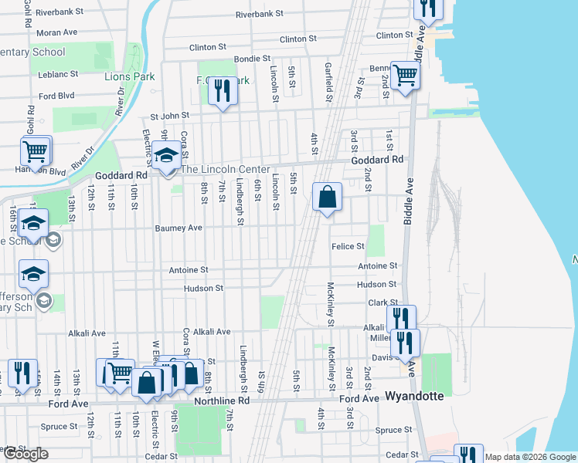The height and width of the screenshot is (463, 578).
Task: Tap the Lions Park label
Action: tap(130, 76)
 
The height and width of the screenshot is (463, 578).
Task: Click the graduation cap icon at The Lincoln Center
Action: tap(166, 157)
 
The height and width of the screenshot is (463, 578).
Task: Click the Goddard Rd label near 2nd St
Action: tap(377, 160)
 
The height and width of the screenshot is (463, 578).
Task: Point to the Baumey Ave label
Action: tap(178, 228)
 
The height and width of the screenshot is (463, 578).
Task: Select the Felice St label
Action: tap(348, 246)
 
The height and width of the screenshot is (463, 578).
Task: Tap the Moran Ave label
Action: tap(56, 32)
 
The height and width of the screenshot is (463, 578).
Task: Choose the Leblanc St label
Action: tap(58, 74)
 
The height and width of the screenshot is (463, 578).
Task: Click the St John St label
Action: tap(170, 117)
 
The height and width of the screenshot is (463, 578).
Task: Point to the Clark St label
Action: tap(382, 303)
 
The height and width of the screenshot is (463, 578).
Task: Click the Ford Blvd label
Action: tap(56, 96)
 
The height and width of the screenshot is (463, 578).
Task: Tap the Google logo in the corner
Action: tap(25, 453)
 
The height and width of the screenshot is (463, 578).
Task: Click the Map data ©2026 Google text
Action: tap(529, 457)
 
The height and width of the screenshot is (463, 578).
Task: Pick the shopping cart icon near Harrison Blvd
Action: tap(36, 151)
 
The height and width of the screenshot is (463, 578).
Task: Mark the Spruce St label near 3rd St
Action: tap(394, 430)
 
